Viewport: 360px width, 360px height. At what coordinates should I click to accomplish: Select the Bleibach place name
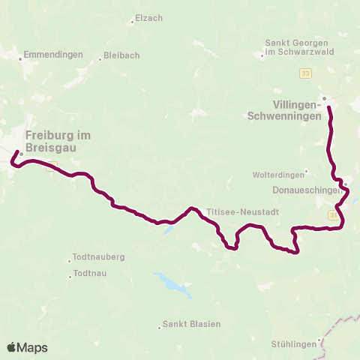(121, 56)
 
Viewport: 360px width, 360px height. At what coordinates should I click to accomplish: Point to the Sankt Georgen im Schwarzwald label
(293, 47)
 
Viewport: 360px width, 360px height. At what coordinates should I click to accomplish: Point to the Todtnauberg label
(99, 256)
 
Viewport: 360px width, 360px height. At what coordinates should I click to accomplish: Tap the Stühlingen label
(293, 344)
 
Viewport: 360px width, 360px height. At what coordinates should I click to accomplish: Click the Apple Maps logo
(28, 347)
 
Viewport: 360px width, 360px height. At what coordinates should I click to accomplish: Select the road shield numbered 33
(305, 72)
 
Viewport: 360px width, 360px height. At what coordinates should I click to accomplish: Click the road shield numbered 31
(333, 215)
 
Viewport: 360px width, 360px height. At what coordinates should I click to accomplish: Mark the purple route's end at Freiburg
(16, 153)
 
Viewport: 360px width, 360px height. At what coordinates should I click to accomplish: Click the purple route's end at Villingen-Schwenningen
(328, 109)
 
